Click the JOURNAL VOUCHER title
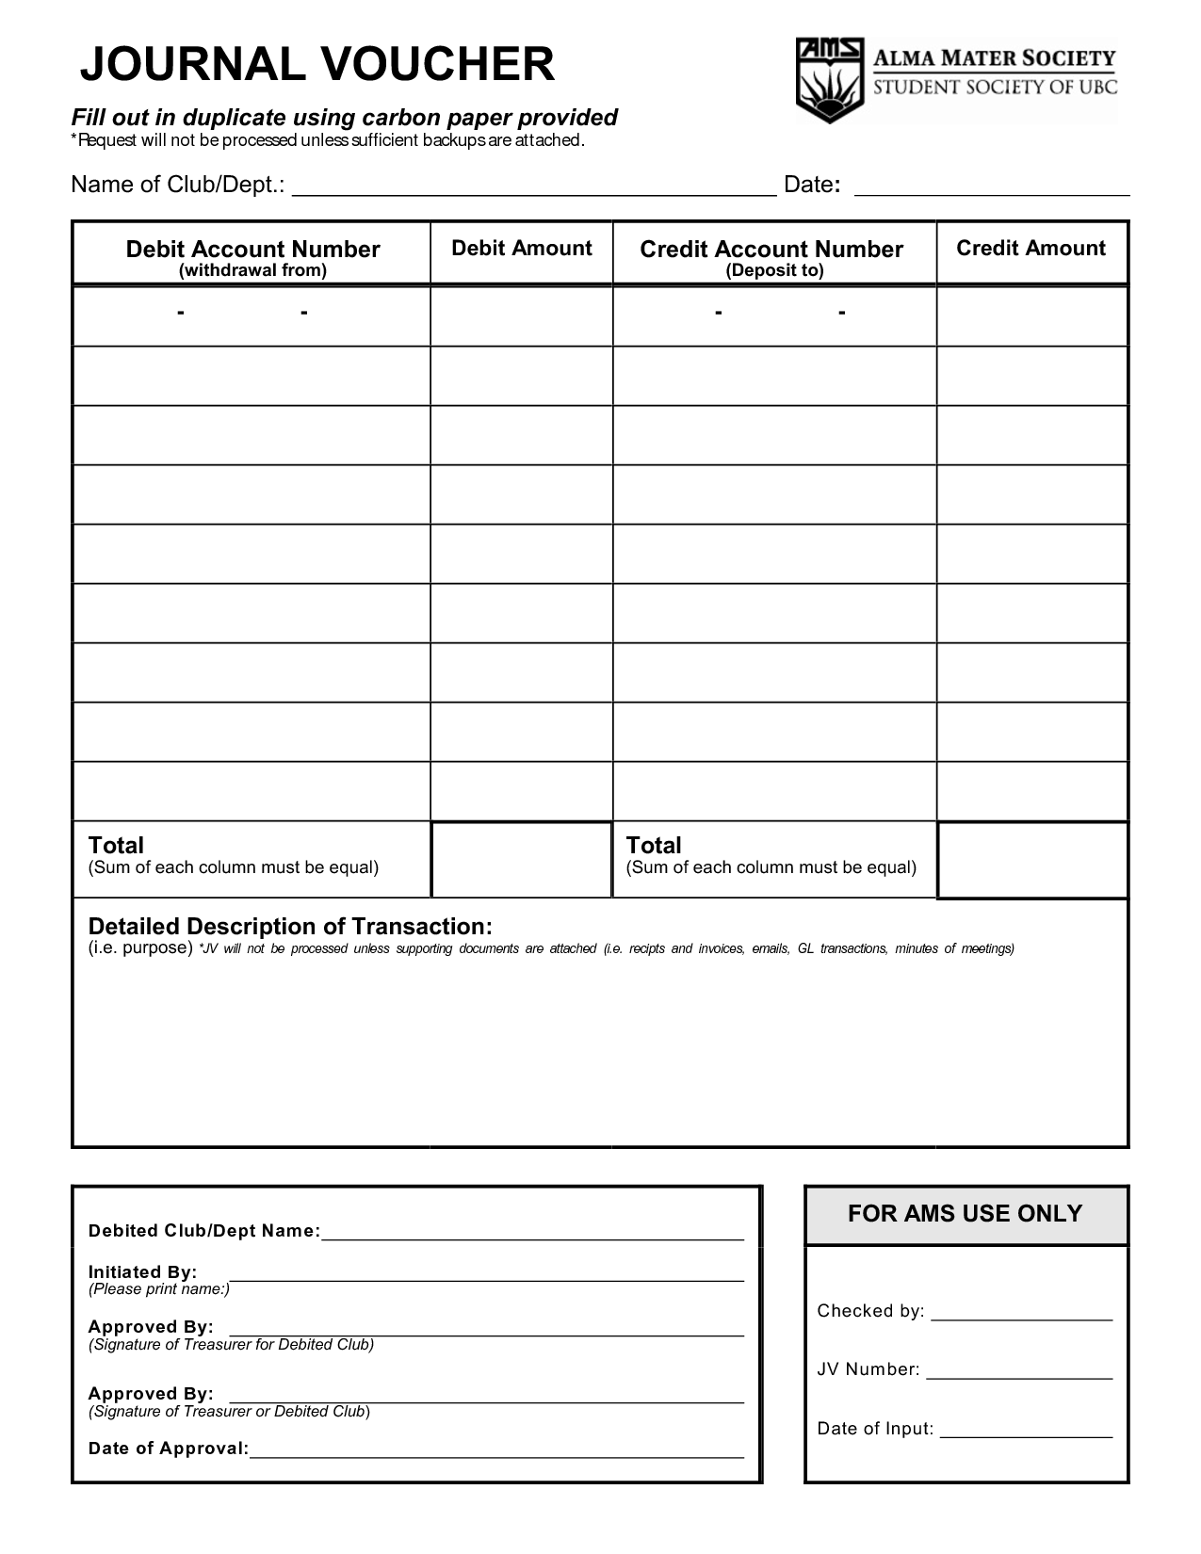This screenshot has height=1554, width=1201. click(x=316, y=65)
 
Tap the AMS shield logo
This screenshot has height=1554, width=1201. click(x=830, y=80)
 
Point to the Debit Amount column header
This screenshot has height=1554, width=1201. click(x=521, y=249)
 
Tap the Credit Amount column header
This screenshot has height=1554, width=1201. click(x=1031, y=249)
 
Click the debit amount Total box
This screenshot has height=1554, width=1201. click(x=521, y=859)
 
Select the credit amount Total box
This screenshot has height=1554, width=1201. click(x=1032, y=859)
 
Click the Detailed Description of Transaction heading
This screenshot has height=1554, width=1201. click(x=290, y=927)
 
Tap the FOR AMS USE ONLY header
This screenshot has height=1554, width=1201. click(x=966, y=1214)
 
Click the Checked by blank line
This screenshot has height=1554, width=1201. click(x=1021, y=1315)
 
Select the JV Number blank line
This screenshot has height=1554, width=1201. click(x=1019, y=1373)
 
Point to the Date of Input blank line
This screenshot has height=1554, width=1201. click(x=1026, y=1433)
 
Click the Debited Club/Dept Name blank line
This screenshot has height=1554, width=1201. click(x=532, y=1234)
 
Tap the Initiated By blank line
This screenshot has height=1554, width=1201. click(x=486, y=1275)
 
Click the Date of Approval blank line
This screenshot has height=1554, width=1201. click(x=496, y=1451)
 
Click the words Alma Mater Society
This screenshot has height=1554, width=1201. click(x=995, y=59)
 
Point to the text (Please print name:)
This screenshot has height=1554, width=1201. click(x=159, y=1289)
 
